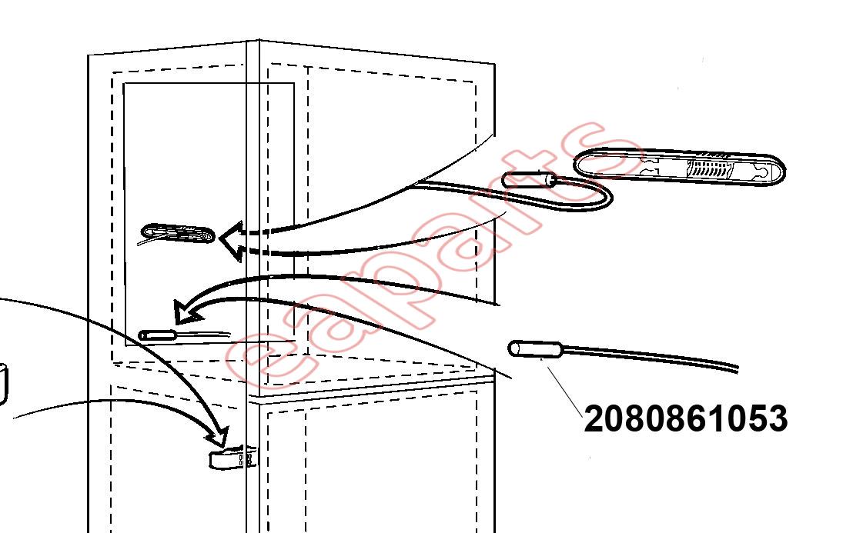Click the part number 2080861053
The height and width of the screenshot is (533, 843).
685,418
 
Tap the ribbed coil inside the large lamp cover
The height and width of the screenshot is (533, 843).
708,168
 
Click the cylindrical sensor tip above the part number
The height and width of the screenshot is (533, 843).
535,349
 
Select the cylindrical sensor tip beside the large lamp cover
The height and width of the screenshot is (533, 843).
529,179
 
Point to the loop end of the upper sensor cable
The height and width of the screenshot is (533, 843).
607,198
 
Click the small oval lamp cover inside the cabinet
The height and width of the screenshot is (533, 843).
178,234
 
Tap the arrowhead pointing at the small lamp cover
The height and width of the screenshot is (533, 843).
231,241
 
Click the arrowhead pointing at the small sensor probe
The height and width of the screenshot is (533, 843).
187,311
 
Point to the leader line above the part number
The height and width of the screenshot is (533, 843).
564,391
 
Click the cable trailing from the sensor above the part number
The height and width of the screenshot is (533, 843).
651,358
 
